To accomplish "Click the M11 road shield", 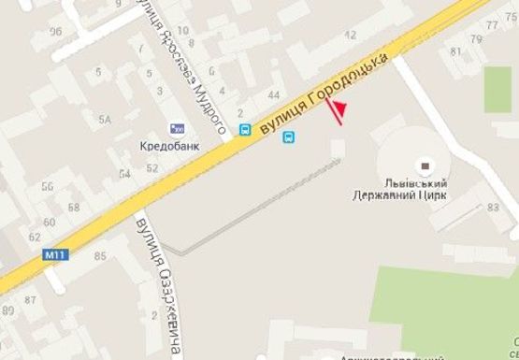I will (53, 254).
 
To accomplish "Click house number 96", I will (55, 32).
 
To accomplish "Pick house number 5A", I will (106, 120).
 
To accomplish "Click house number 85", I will (100, 255).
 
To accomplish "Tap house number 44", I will (274, 95).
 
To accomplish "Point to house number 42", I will (352, 35).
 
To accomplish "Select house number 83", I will (493, 208).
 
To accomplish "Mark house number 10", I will (181, 31).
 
